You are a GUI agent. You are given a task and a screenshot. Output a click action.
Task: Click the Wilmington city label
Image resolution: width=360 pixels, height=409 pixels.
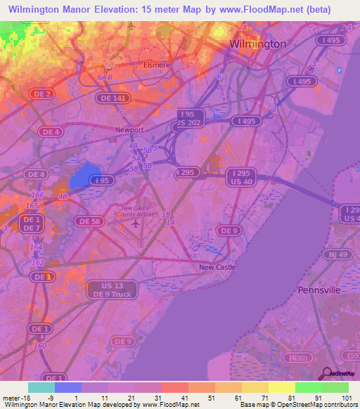[x=258, y=44]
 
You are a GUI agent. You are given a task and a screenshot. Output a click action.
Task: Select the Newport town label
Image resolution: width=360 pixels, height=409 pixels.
[x=129, y=130]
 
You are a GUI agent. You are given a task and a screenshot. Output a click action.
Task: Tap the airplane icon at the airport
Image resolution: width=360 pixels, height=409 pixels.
[x=135, y=224]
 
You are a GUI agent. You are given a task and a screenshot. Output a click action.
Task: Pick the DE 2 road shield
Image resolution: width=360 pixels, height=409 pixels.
[x=44, y=93]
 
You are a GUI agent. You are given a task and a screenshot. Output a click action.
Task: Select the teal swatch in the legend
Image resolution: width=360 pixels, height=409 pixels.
[x=41, y=387]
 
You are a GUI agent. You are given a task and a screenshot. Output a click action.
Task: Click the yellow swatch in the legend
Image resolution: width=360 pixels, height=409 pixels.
[x=281, y=387]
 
